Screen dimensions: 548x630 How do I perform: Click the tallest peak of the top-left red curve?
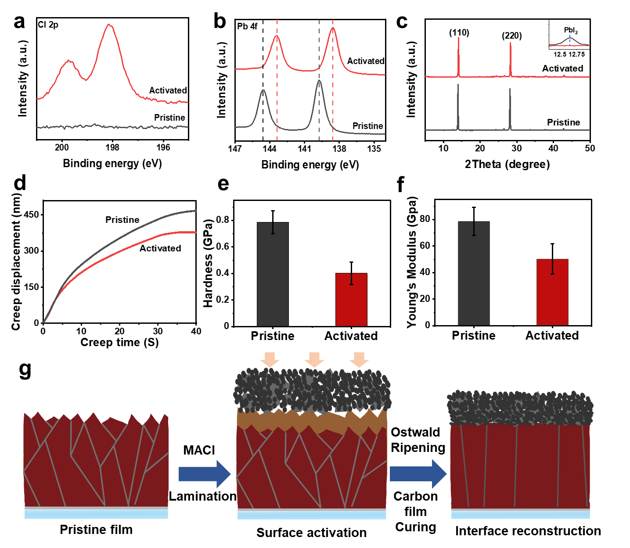[109, 25]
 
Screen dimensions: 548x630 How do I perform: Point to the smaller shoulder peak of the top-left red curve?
[68, 61]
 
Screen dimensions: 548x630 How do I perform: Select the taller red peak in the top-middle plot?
[333, 29]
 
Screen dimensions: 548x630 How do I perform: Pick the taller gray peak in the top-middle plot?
[319, 81]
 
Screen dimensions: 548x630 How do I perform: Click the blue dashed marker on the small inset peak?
[570, 39]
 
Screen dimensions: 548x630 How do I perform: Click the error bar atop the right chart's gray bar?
[474, 229]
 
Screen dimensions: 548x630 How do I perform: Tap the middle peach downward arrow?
[314, 359]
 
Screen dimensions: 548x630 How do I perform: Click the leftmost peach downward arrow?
[270, 359]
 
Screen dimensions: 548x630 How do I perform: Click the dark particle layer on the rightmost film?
[520, 408]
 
